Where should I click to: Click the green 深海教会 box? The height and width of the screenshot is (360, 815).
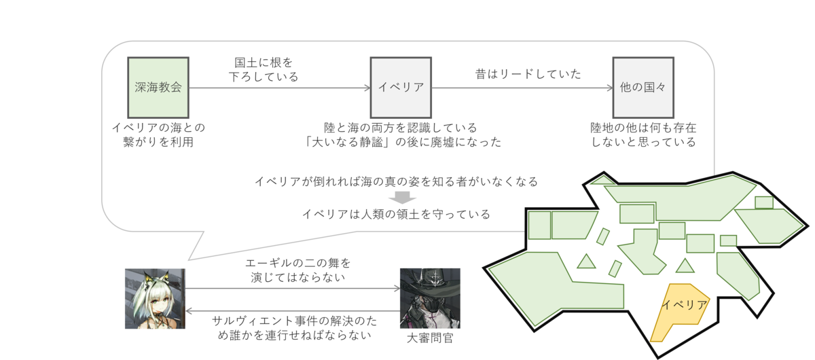coord(158,88)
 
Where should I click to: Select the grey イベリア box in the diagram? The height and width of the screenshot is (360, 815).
coord(401,88)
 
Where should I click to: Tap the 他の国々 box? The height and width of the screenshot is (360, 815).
coord(643,88)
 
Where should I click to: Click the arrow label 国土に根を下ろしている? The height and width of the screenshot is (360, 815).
coord(263,69)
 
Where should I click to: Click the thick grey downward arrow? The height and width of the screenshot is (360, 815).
coord(403,198)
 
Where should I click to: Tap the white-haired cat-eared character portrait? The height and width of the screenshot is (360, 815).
coord(155,298)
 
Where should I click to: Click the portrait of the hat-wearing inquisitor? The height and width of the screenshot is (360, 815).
coord(430,298)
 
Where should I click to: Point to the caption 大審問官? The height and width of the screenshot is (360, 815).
coord(430,338)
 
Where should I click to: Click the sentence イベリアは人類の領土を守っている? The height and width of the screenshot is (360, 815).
coord(396,214)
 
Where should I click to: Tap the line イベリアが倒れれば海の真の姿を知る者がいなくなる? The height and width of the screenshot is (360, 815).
coord(396,181)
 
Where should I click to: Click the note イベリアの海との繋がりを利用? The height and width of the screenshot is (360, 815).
coord(158,134)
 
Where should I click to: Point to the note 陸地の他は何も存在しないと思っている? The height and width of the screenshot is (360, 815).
coord(643,134)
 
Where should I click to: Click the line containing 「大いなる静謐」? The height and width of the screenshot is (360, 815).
coord(403,142)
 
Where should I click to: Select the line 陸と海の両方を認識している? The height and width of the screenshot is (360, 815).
coord(400,127)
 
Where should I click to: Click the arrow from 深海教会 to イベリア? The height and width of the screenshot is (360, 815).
coord(278,88)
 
